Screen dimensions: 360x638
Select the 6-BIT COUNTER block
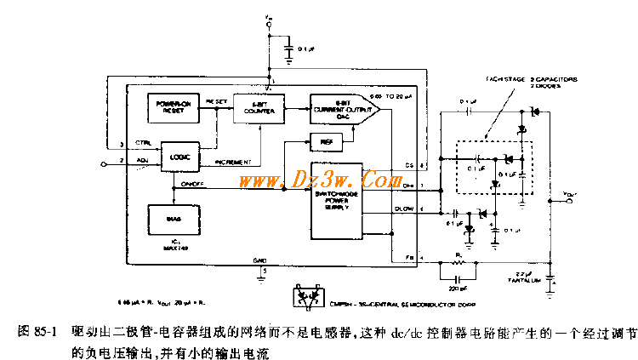(x=259, y=111)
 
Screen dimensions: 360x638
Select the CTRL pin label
(x=144, y=144)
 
